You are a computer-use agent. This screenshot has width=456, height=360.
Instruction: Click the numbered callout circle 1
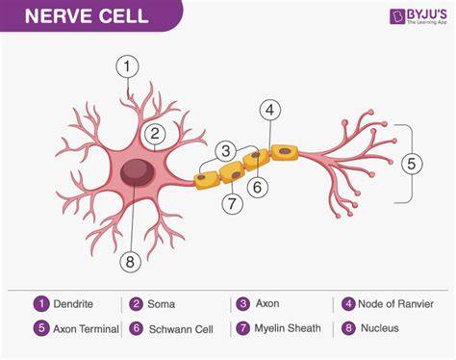coord(127,66)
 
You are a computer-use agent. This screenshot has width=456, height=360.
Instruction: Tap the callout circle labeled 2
coord(155,134)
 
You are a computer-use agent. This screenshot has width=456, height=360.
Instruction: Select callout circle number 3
coord(226,151)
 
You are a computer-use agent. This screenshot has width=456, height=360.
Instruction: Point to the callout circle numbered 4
coord(270,110)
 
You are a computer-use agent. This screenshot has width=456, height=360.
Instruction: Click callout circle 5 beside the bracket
coord(412,164)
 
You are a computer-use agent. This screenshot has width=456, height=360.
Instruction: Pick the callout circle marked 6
coord(258,187)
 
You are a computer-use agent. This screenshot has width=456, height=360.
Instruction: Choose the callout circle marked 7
coord(232,203)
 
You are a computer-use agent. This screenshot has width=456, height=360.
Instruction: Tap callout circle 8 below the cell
coord(130,262)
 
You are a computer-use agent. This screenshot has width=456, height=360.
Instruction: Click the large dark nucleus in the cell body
coord(138,172)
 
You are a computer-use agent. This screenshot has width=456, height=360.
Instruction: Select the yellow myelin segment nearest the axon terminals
coord(285,152)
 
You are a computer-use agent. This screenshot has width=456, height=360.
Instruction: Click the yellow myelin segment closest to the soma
coord(207,180)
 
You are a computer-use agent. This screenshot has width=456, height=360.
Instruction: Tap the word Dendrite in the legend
coord(73,304)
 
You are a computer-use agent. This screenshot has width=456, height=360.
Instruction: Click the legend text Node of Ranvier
coord(395,303)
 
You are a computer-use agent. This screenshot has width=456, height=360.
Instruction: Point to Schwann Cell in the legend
coord(181,329)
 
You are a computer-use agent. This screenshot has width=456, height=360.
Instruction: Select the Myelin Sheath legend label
coord(288,328)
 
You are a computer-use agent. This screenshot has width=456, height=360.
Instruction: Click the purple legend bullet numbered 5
coord(41,328)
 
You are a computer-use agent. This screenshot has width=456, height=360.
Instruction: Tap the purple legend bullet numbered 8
coord(348,328)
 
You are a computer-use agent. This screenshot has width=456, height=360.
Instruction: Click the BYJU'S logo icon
coord(397,16)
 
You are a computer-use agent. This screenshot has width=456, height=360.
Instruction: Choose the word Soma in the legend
coord(162,304)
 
